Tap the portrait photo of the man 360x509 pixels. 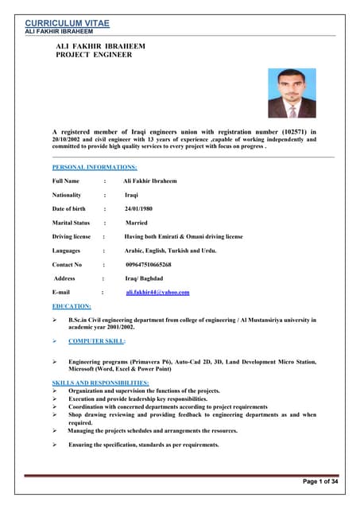(291, 93)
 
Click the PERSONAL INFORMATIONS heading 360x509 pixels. (95, 167)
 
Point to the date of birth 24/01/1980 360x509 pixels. (140, 208)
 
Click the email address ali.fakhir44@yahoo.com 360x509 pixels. (157, 292)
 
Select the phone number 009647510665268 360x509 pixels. (149, 264)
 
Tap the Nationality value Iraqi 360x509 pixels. (132, 194)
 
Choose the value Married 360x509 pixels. (137, 223)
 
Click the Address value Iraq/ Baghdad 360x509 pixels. (144, 278)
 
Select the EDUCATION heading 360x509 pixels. (72, 306)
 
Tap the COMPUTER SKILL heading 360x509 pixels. (96, 340)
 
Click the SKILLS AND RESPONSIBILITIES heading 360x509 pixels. (100, 383)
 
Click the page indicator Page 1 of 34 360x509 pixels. (320, 482)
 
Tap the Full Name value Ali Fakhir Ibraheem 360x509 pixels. (150, 181)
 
